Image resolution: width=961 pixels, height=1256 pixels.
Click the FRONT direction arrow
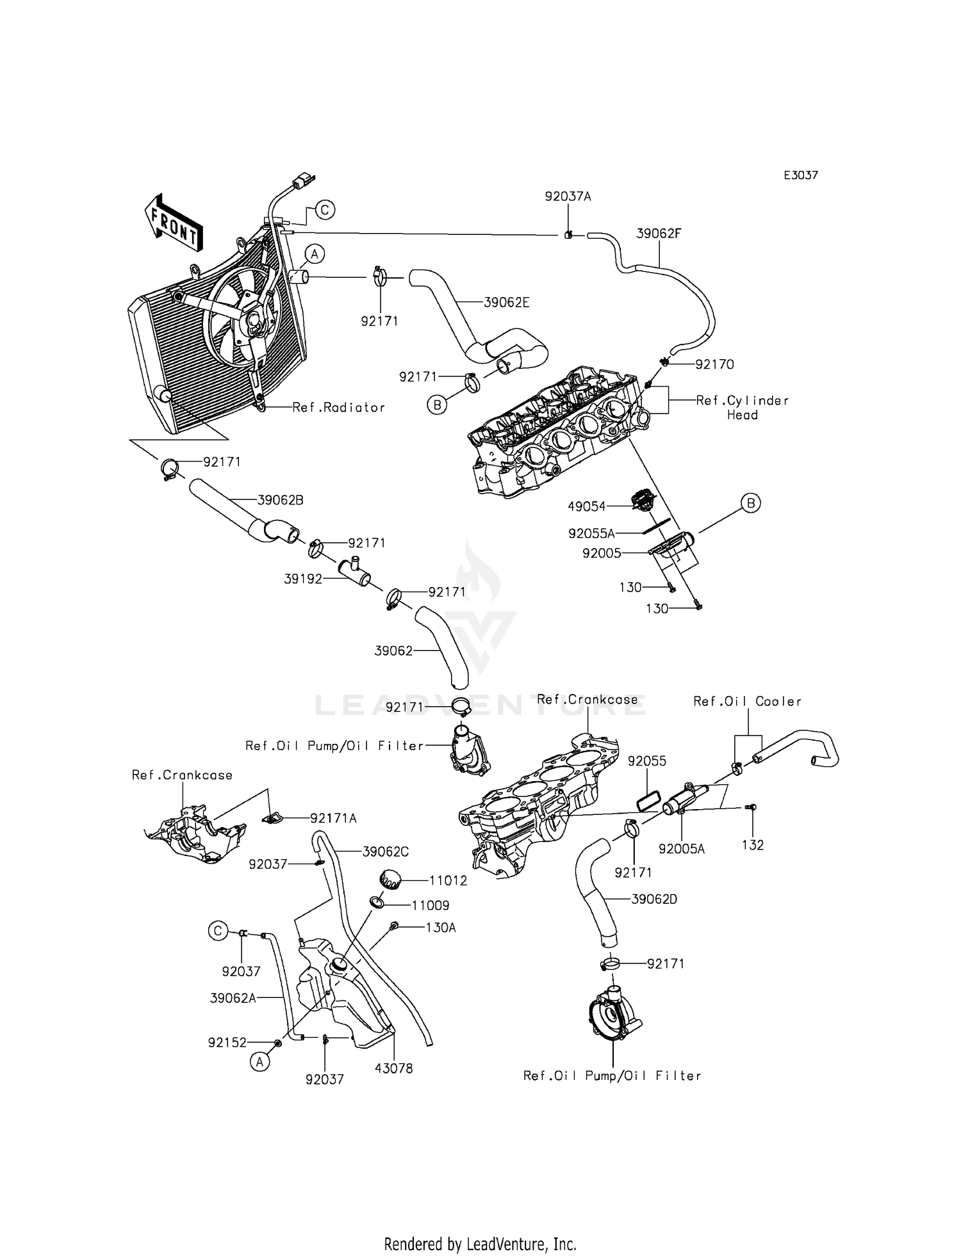click(x=172, y=221)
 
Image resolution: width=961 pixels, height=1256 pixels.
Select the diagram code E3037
click(x=801, y=175)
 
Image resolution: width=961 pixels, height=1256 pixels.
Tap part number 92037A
click(x=568, y=197)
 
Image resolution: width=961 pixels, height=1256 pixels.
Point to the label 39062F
click(x=659, y=234)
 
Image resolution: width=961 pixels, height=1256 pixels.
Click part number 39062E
click(x=506, y=302)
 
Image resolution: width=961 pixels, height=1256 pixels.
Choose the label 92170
click(x=714, y=364)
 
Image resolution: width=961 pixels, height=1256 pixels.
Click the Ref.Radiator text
click(x=339, y=407)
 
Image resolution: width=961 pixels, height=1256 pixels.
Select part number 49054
click(x=586, y=506)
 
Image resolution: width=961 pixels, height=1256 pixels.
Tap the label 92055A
click(x=591, y=533)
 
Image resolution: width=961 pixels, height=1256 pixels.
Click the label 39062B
click(x=280, y=500)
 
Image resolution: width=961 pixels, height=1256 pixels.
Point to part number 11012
click(x=448, y=880)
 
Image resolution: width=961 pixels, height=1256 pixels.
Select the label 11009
click(x=431, y=905)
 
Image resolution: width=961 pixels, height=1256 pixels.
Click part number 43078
click(x=394, y=1068)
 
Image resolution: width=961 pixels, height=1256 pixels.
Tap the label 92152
click(x=227, y=1043)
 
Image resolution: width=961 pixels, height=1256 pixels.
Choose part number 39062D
click(x=654, y=899)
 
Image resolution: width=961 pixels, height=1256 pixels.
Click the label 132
click(x=753, y=845)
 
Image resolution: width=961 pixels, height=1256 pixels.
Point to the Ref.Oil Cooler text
click(x=747, y=702)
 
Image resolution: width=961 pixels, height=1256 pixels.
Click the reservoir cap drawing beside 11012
click(x=390, y=880)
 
